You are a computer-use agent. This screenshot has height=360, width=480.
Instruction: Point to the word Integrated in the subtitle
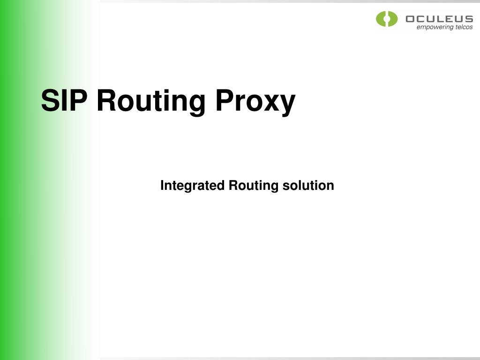[x=192, y=186]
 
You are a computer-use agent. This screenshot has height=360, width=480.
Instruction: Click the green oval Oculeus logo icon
[x=387, y=19]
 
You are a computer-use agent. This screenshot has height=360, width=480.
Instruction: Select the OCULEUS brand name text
[x=439, y=19]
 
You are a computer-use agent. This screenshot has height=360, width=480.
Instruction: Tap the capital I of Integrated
[x=162, y=185]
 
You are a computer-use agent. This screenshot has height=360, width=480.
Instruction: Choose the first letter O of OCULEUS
[x=411, y=19]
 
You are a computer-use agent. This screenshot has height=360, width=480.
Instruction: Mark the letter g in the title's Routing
[x=196, y=104]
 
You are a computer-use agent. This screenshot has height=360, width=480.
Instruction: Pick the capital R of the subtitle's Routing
[x=232, y=185]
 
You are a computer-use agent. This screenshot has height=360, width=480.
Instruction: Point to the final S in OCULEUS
[x=468, y=19]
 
